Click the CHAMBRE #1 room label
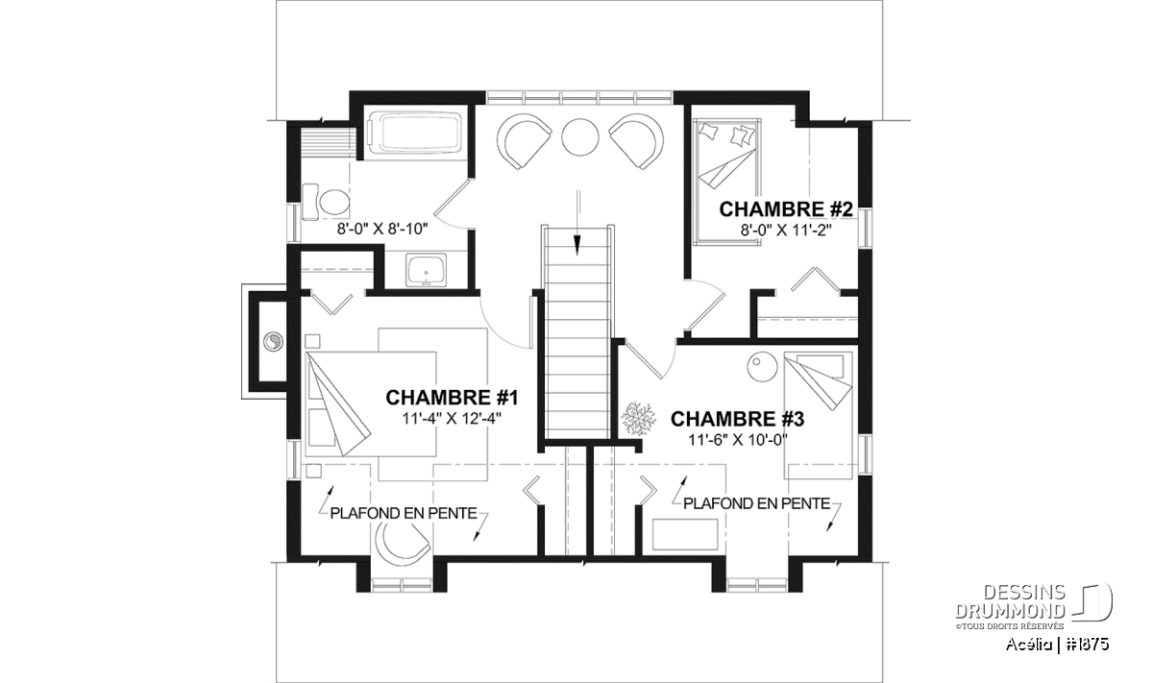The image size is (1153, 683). pos(452,398)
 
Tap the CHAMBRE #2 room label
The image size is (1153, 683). pos(786,209)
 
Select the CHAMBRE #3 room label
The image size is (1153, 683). pos(737,419)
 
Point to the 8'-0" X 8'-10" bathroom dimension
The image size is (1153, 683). pos(382,229)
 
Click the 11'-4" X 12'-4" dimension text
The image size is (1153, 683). pos(452,419)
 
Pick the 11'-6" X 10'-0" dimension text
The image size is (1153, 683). pos(738,440)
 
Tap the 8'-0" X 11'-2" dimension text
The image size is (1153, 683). pos(786,231)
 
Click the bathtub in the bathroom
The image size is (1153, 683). pos(414,133)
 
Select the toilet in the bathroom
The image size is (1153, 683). pos(326,203)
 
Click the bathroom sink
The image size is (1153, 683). pos(427,270)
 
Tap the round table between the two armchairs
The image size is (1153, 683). pos(580,137)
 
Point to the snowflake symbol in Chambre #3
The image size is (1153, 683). pos(638,420)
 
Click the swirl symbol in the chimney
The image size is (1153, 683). pos(272,341)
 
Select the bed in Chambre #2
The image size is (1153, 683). pos(727,181)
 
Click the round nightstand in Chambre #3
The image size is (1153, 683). pos(762,366)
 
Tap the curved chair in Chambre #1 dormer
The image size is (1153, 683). pos(402,542)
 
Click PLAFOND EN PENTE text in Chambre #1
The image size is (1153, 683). pos(404,513)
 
